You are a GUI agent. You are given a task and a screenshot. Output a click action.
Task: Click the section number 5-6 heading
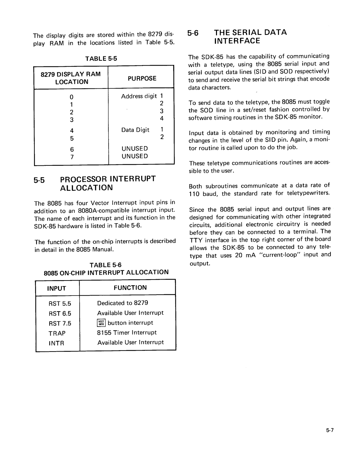(193, 33)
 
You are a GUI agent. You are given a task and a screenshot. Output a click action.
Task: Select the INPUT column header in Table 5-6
(56, 288)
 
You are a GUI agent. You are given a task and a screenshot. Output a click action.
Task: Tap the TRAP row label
(57, 333)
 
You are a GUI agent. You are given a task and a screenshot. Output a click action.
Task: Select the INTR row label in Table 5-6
(56, 343)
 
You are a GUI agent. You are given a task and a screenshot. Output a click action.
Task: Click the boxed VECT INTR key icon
(101, 323)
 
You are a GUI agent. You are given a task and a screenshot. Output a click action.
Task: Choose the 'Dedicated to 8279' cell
(122, 303)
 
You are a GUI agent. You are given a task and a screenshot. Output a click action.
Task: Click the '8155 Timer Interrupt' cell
(127, 333)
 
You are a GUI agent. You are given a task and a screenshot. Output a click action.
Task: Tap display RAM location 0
(71, 97)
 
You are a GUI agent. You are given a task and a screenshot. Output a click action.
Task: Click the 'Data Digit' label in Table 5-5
(135, 130)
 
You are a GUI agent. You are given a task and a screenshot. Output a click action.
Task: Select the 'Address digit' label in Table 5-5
(139, 96)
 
